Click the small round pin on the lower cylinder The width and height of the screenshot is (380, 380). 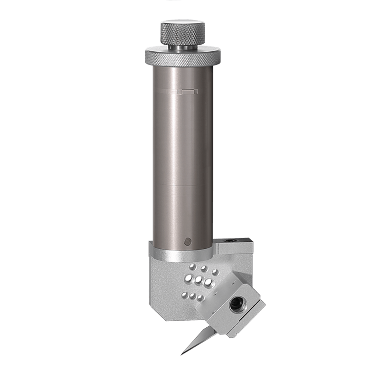click(187, 241)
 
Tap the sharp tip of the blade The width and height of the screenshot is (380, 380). click(182, 354)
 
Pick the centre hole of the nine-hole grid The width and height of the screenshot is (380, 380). click(199, 280)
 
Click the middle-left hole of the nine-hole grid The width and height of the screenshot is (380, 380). click(189, 277)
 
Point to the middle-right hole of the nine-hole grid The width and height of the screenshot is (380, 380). click(209, 282)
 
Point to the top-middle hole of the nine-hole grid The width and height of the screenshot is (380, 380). click(204, 268)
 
